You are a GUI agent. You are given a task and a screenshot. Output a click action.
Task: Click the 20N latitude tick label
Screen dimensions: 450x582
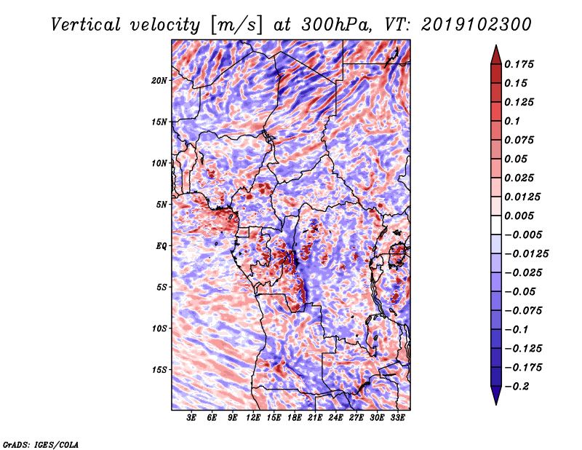(x=159, y=80)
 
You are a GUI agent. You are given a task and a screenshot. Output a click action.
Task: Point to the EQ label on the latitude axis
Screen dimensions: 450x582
(x=162, y=246)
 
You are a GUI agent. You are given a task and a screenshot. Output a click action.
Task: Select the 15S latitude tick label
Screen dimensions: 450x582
(x=159, y=370)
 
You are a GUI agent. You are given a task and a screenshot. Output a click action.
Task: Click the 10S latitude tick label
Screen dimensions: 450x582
(x=159, y=328)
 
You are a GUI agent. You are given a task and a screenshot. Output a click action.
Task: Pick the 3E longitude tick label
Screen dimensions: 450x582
(x=192, y=419)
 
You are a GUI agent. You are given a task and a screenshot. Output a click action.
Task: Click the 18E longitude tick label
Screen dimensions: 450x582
(x=295, y=419)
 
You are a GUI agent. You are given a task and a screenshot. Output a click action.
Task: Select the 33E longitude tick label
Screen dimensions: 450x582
(x=398, y=419)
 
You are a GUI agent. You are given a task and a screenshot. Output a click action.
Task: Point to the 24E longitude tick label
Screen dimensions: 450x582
(x=336, y=419)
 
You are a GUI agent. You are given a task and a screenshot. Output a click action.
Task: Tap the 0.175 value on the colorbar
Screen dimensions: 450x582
(x=520, y=64)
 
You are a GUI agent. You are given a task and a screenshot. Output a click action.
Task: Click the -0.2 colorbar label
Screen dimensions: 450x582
(x=520, y=386)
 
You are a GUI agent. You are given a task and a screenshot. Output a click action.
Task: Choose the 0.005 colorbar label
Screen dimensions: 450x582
(x=520, y=216)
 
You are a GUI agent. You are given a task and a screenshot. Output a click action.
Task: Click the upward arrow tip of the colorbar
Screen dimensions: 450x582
(x=495, y=47)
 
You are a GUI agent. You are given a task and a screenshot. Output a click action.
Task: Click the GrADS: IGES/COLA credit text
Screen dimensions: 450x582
(x=41, y=443)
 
